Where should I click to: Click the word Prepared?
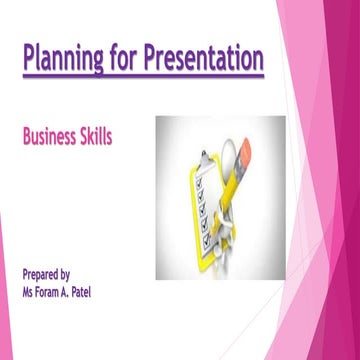[x=45, y=273]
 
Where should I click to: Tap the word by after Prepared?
[x=78, y=273]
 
